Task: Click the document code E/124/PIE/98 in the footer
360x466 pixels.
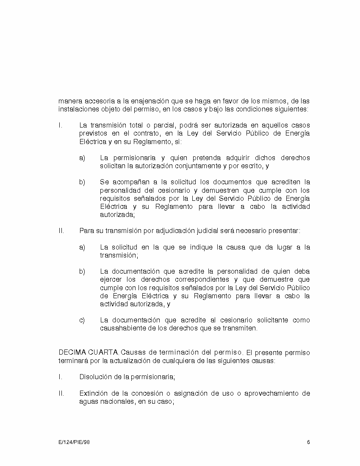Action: click(74, 442)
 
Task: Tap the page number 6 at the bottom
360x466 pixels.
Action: click(309, 442)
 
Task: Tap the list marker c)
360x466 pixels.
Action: click(82, 320)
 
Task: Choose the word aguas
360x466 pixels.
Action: click(88, 402)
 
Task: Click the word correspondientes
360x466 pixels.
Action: click(201, 279)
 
